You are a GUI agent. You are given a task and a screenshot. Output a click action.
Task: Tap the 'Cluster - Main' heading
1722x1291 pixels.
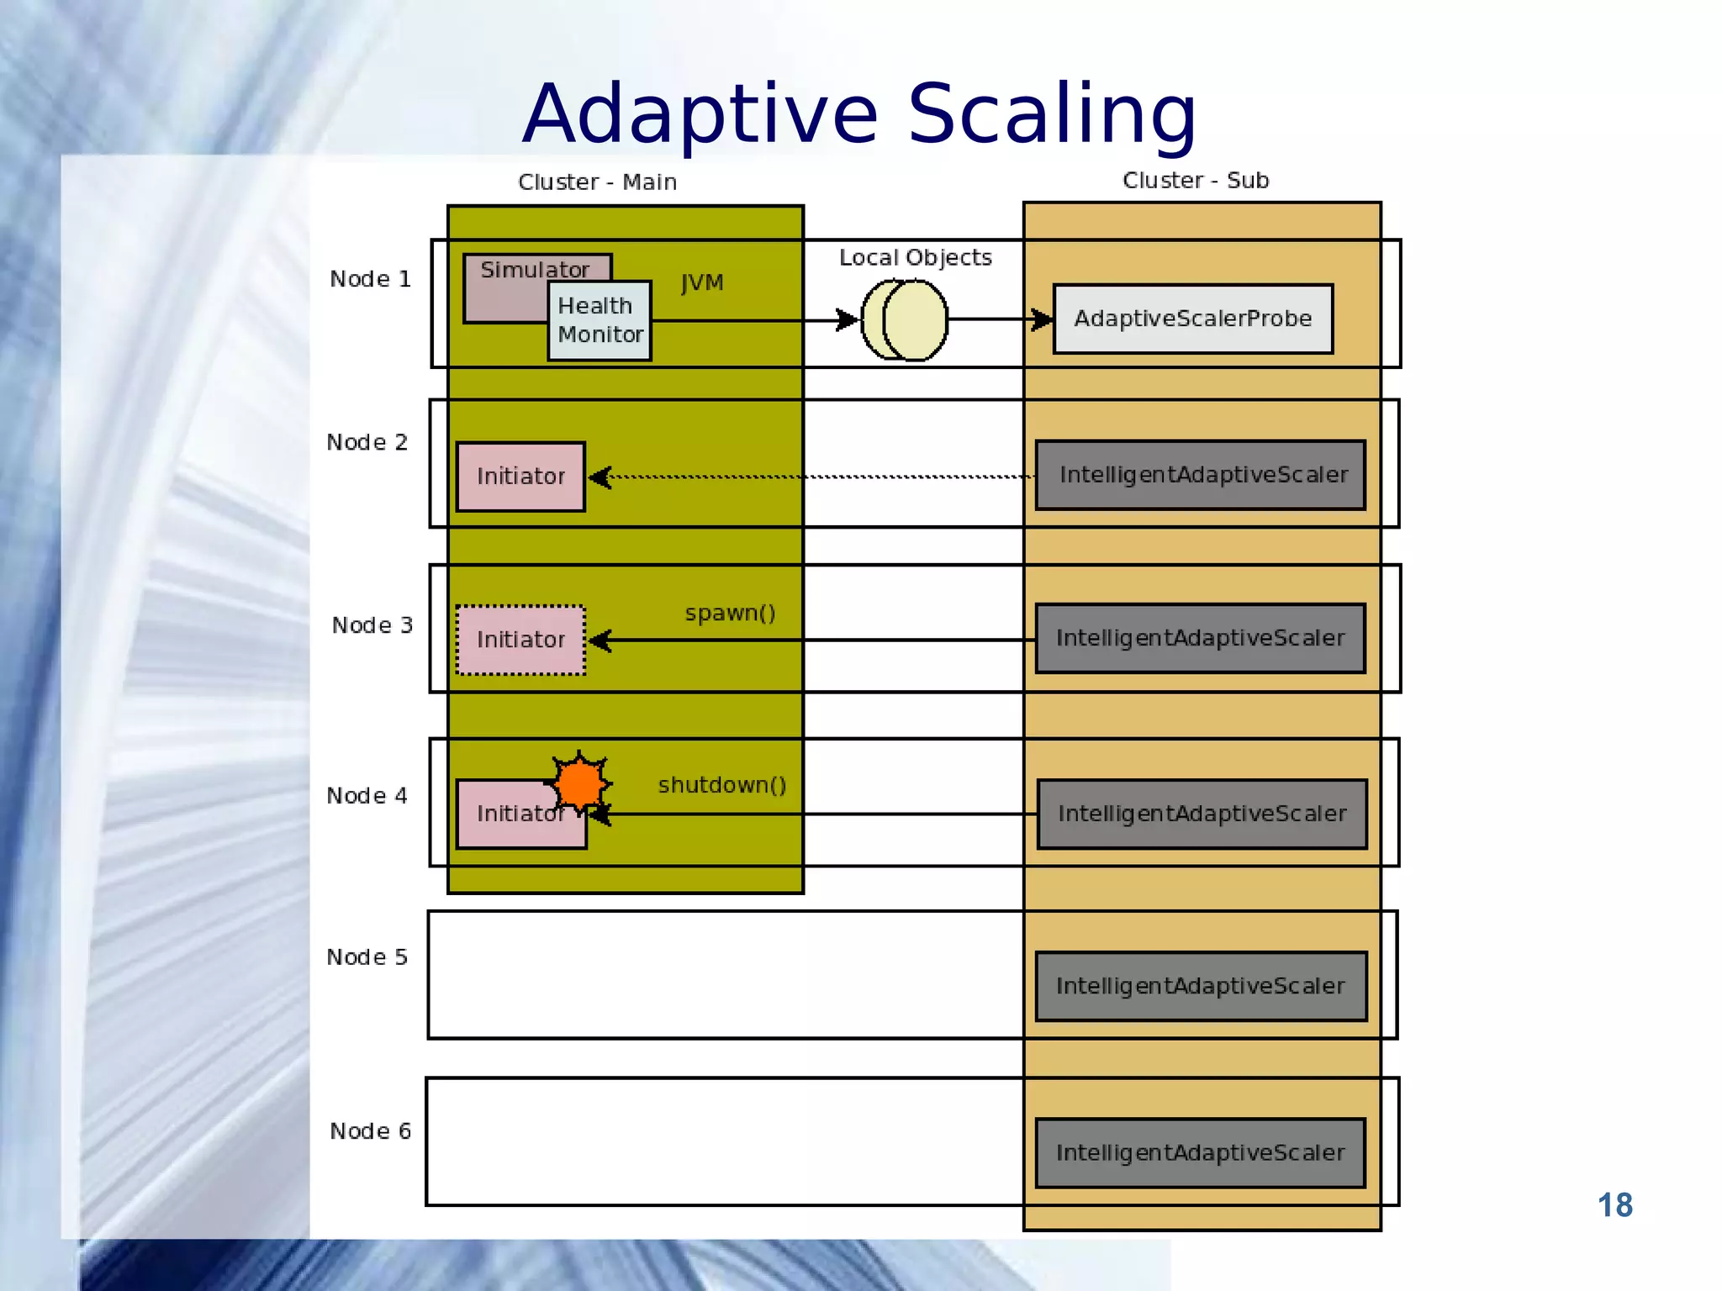pos(597,182)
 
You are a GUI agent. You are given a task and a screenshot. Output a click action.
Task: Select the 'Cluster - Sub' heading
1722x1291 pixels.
pos(1195,181)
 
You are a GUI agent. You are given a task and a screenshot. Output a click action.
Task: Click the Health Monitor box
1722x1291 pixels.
pos(600,321)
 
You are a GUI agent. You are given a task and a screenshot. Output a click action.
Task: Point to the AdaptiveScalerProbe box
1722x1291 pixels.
pos(1192,319)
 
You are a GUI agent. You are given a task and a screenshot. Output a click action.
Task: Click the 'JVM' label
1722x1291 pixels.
pos(702,283)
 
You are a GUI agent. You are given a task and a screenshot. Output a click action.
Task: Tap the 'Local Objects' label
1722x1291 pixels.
pos(915,258)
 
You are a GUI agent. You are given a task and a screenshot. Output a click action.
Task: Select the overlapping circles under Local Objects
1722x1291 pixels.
pos(905,320)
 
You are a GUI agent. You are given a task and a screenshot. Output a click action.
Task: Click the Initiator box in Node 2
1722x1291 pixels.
pos(520,477)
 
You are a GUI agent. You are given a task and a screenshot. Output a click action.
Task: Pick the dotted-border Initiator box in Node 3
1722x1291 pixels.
pos(520,640)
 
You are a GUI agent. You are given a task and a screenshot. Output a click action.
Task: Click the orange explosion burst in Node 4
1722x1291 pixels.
pos(579,783)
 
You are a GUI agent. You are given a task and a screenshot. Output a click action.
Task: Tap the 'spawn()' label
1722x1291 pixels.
pos(730,614)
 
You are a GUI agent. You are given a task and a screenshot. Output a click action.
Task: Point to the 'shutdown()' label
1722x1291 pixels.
pos(721,785)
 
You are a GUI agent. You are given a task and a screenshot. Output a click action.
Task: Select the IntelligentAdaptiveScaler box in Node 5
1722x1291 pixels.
pos(1201,986)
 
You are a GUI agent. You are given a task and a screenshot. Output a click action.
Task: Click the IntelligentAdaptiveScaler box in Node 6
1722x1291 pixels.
pos(1200,1152)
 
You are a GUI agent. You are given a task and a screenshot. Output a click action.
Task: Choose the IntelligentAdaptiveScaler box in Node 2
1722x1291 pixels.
pos(1201,475)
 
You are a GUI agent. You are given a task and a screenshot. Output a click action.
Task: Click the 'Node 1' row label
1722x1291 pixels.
pos(370,279)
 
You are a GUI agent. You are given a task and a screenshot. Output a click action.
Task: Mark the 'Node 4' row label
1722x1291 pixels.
pos(367,796)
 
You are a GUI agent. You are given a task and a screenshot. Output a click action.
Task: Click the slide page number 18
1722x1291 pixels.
pos(1614,1205)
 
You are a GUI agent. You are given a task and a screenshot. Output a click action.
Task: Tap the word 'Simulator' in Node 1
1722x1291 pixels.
pos(535,270)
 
